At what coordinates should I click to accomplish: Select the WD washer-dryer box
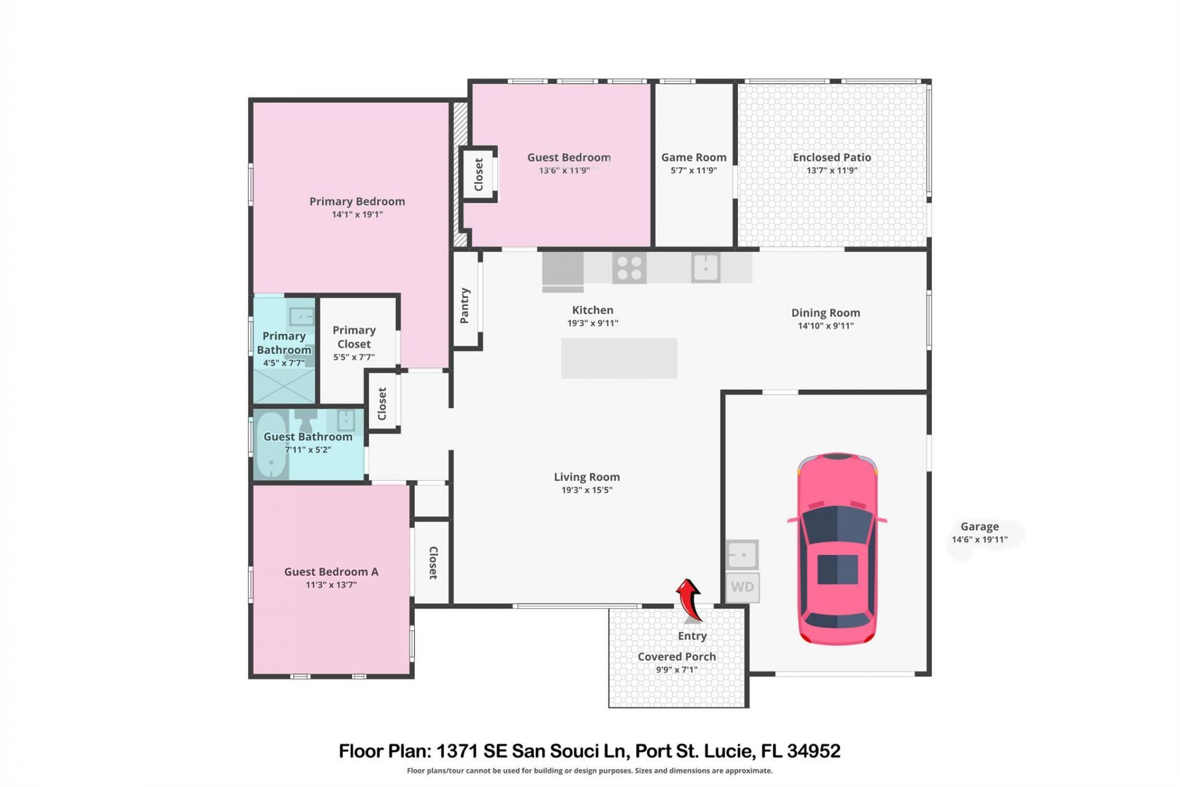pyautogui.click(x=742, y=587)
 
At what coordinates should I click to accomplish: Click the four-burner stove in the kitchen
pyautogui.click(x=629, y=268)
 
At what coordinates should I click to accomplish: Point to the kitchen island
pyautogui.click(x=619, y=358)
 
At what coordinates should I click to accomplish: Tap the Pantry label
pyautogui.click(x=465, y=305)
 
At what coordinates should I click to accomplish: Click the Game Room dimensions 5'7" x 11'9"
pyautogui.click(x=693, y=170)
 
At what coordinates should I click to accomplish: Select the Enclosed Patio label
pyautogui.click(x=831, y=157)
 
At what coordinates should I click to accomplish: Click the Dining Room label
pyautogui.click(x=825, y=313)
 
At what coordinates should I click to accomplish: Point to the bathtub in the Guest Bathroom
pyautogui.click(x=271, y=444)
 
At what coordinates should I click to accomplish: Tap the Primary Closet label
pyautogui.click(x=354, y=337)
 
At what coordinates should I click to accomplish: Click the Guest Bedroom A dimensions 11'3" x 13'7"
pyautogui.click(x=331, y=585)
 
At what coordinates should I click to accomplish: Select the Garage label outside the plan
pyautogui.click(x=979, y=526)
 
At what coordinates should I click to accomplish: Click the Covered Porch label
pyautogui.click(x=676, y=657)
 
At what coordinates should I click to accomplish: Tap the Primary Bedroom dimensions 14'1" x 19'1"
pyautogui.click(x=357, y=215)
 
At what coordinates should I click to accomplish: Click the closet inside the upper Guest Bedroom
pyautogui.click(x=478, y=175)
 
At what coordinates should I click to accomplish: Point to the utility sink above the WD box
pyautogui.click(x=742, y=555)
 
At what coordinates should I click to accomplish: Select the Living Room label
pyautogui.click(x=586, y=477)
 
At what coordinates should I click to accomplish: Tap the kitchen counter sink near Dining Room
pyautogui.click(x=706, y=268)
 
